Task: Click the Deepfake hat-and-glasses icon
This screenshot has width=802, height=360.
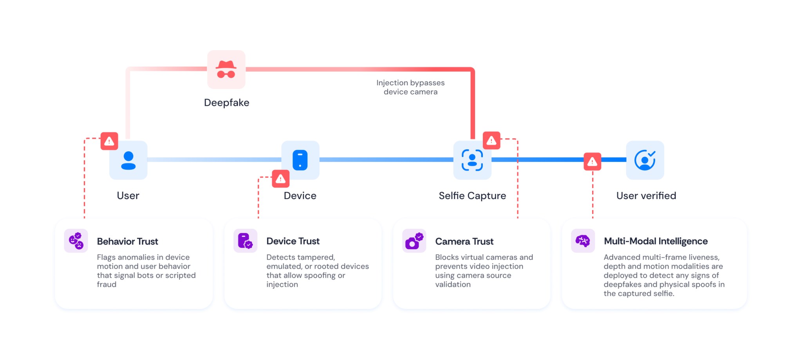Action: (x=226, y=69)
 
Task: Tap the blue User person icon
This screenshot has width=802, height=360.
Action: (x=128, y=160)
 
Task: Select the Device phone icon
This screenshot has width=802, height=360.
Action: (x=300, y=160)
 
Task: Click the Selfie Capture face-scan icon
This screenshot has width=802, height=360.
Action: (x=472, y=160)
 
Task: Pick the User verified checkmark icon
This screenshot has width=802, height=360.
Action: (x=645, y=160)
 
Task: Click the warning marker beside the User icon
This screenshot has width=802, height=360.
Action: (x=109, y=141)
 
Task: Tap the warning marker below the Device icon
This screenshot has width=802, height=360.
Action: (x=281, y=179)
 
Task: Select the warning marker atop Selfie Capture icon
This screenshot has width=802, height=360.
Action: (x=491, y=141)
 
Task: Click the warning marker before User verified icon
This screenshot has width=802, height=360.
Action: (x=592, y=161)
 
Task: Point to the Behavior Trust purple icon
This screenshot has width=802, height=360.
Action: (x=76, y=241)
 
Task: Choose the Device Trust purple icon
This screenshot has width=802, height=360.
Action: (x=246, y=241)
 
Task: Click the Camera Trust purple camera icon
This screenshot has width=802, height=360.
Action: (x=414, y=241)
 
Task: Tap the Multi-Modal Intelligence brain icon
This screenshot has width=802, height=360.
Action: (x=583, y=241)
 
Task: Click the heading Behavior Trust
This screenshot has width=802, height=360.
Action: (x=128, y=241)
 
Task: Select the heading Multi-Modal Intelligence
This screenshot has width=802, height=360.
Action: (x=656, y=241)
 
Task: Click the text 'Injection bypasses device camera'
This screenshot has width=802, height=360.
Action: (x=410, y=87)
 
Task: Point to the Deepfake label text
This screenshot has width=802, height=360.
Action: (x=227, y=103)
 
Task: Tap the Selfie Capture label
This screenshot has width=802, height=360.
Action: (x=472, y=195)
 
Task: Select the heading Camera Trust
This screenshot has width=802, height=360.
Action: (x=464, y=241)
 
